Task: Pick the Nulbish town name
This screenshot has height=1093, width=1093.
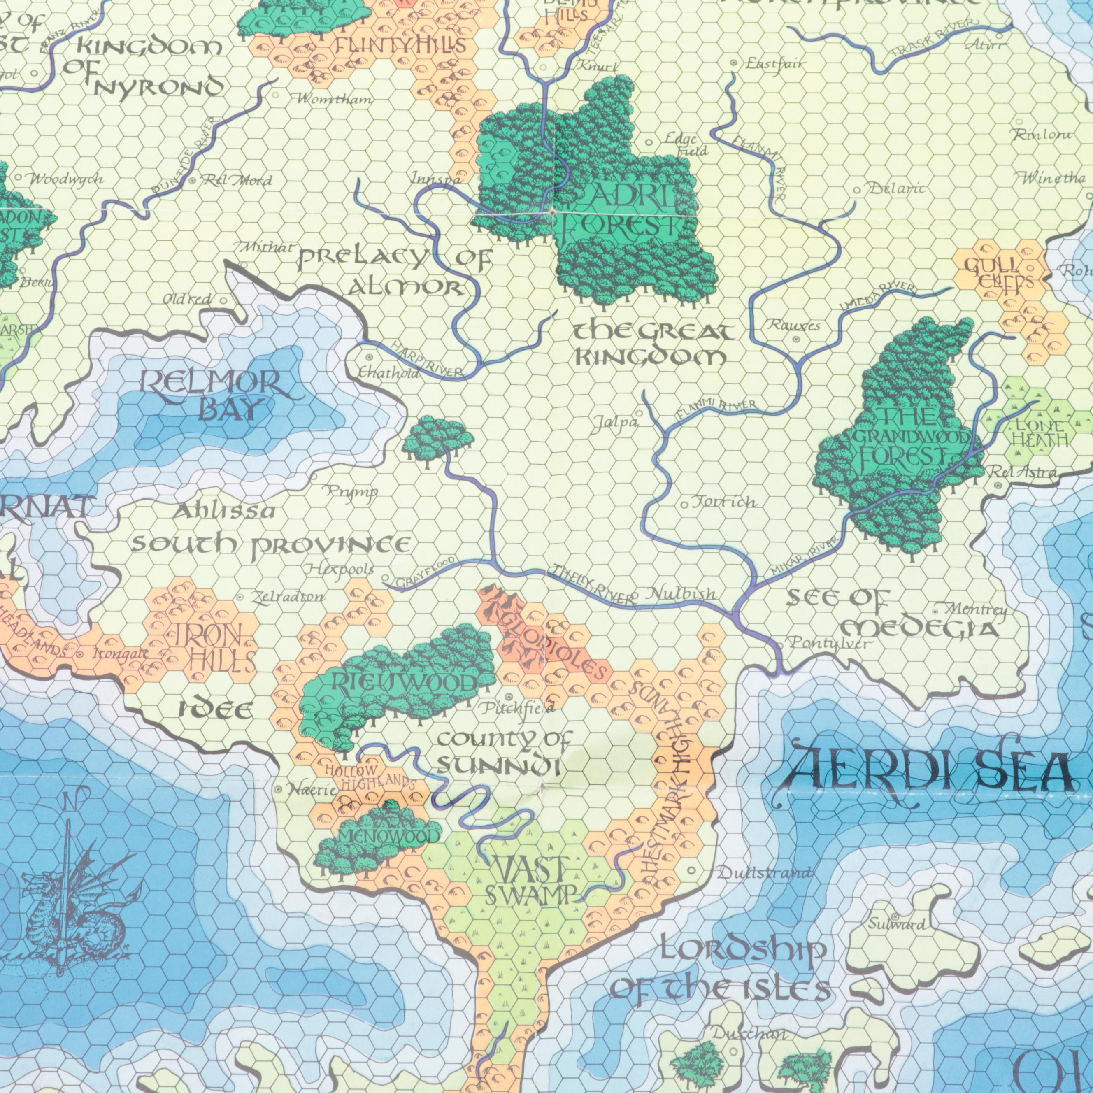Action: point(682,593)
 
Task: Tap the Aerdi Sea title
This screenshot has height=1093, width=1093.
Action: point(928,770)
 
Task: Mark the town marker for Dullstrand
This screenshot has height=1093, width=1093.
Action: point(691,871)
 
